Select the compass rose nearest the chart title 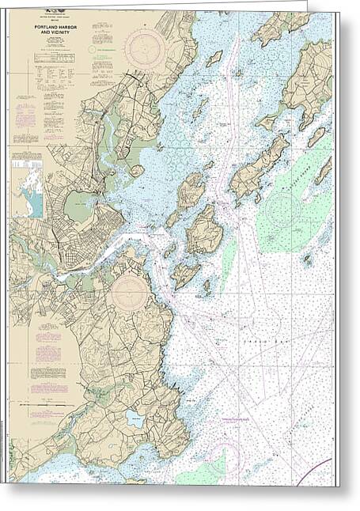click(x=145, y=47)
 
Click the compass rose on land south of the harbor click(x=128, y=293)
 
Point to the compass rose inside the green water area click(x=283, y=209)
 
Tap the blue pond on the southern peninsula click(x=135, y=418)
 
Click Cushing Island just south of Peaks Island click(x=186, y=274)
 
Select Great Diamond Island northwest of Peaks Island click(x=191, y=190)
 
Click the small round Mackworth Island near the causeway click(x=138, y=170)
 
